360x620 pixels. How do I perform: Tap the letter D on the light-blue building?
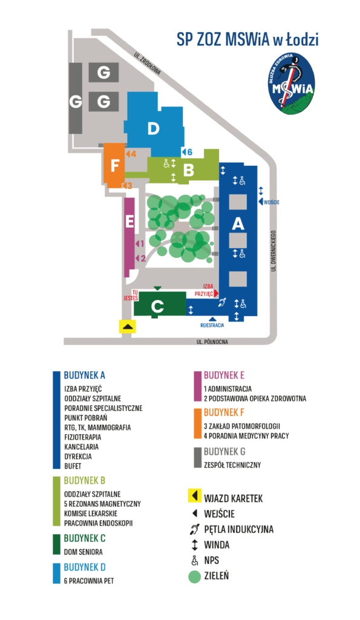(153, 128)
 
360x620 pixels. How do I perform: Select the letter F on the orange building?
(114, 165)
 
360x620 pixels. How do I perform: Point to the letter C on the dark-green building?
(157, 306)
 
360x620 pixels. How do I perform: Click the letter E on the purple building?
(129, 222)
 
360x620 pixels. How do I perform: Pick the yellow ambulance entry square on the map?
(128, 326)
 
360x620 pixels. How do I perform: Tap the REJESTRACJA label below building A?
(212, 325)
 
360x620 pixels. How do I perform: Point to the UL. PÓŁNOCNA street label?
(212, 341)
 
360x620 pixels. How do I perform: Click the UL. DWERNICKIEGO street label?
(273, 251)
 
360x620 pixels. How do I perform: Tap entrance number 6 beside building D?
(187, 152)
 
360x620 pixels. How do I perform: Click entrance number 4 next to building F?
(131, 154)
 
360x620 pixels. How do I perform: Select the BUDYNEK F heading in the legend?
(224, 412)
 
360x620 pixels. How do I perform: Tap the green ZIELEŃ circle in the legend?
(194, 576)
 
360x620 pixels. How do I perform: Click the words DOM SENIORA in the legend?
(83, 552)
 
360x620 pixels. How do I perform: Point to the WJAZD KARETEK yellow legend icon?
(194, 495)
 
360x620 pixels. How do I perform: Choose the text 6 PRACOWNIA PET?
(89, 581)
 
